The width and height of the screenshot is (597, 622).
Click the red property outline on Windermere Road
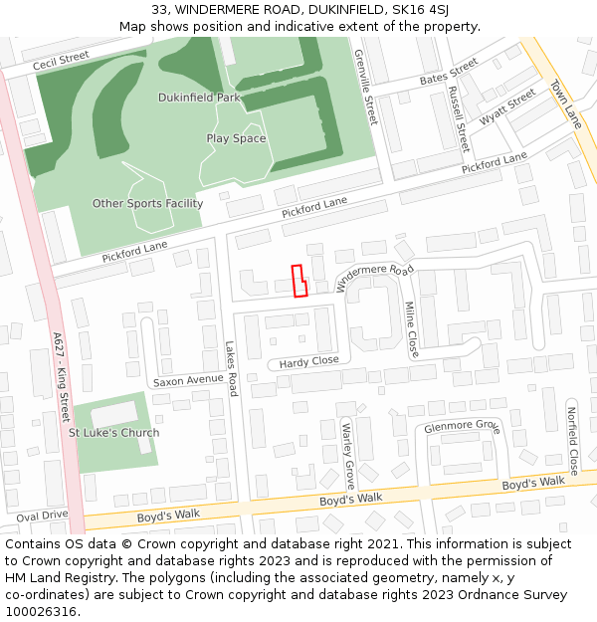click(298, 281)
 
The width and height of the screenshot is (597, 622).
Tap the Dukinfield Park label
click(199, 98)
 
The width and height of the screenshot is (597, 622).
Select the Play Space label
click(236, 138)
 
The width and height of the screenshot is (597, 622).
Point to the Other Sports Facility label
click(147, 204)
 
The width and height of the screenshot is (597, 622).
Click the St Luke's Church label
click(113, 433)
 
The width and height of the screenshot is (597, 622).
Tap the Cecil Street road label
click(61, 62)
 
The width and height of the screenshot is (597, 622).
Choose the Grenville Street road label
click(366, 88)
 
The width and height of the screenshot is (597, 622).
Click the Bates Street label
click(448, 73)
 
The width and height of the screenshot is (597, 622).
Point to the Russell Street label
click(458, 117)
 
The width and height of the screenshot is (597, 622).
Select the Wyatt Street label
click(507, 108)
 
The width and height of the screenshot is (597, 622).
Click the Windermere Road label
click(374, 278)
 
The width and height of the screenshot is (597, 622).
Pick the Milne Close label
click(412, 329)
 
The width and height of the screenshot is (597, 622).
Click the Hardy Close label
click(308, 361)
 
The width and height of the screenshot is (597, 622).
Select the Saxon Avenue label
click(188, 380)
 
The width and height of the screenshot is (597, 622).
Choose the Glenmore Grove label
click(461, 427)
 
